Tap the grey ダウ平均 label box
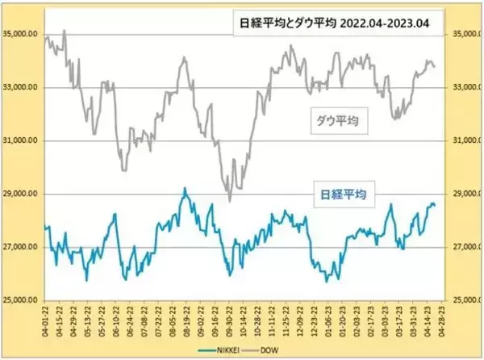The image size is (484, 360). (x=336, y=122)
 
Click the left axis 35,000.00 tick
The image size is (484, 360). (x=23, y=35)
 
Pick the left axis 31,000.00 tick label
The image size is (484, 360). (x=23, y=141)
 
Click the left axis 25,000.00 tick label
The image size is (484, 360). (x=23, y=300)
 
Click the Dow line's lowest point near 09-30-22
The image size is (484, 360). (x=229, y=201)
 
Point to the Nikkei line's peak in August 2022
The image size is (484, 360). (x=185, y=188)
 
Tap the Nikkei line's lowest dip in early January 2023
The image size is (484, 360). (x=327, y=281)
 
